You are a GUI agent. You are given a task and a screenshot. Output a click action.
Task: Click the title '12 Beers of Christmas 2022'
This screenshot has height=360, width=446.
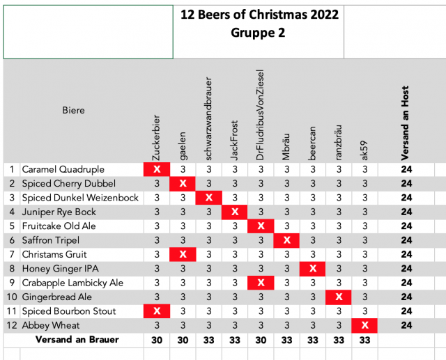pos(259,15)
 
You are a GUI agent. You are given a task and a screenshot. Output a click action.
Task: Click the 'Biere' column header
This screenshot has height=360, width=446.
pos(73,110)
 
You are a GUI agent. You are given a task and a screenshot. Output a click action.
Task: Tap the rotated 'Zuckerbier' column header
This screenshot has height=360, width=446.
pos(157,137)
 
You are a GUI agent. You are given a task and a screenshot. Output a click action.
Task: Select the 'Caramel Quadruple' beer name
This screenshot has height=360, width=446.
pos(63,169)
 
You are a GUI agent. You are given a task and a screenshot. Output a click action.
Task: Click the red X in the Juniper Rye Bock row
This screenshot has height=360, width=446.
pos(235,212)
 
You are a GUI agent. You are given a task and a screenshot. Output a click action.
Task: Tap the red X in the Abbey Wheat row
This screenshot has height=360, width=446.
pos(364,325)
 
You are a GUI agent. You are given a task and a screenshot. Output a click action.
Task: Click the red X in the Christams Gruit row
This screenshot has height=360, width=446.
pos(183,254)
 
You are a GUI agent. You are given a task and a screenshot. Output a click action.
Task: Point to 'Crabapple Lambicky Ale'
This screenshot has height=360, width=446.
pos(73,283)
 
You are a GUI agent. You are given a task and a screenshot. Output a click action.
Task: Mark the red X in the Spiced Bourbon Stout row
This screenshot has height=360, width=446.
pos(157,311)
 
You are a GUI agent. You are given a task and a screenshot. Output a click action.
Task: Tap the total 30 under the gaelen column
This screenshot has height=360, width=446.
pos(183,340)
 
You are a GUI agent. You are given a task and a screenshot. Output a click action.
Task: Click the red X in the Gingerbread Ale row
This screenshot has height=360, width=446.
pos(339,297)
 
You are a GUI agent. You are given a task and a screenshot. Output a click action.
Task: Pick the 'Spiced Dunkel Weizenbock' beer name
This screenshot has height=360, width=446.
pos(80,198)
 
